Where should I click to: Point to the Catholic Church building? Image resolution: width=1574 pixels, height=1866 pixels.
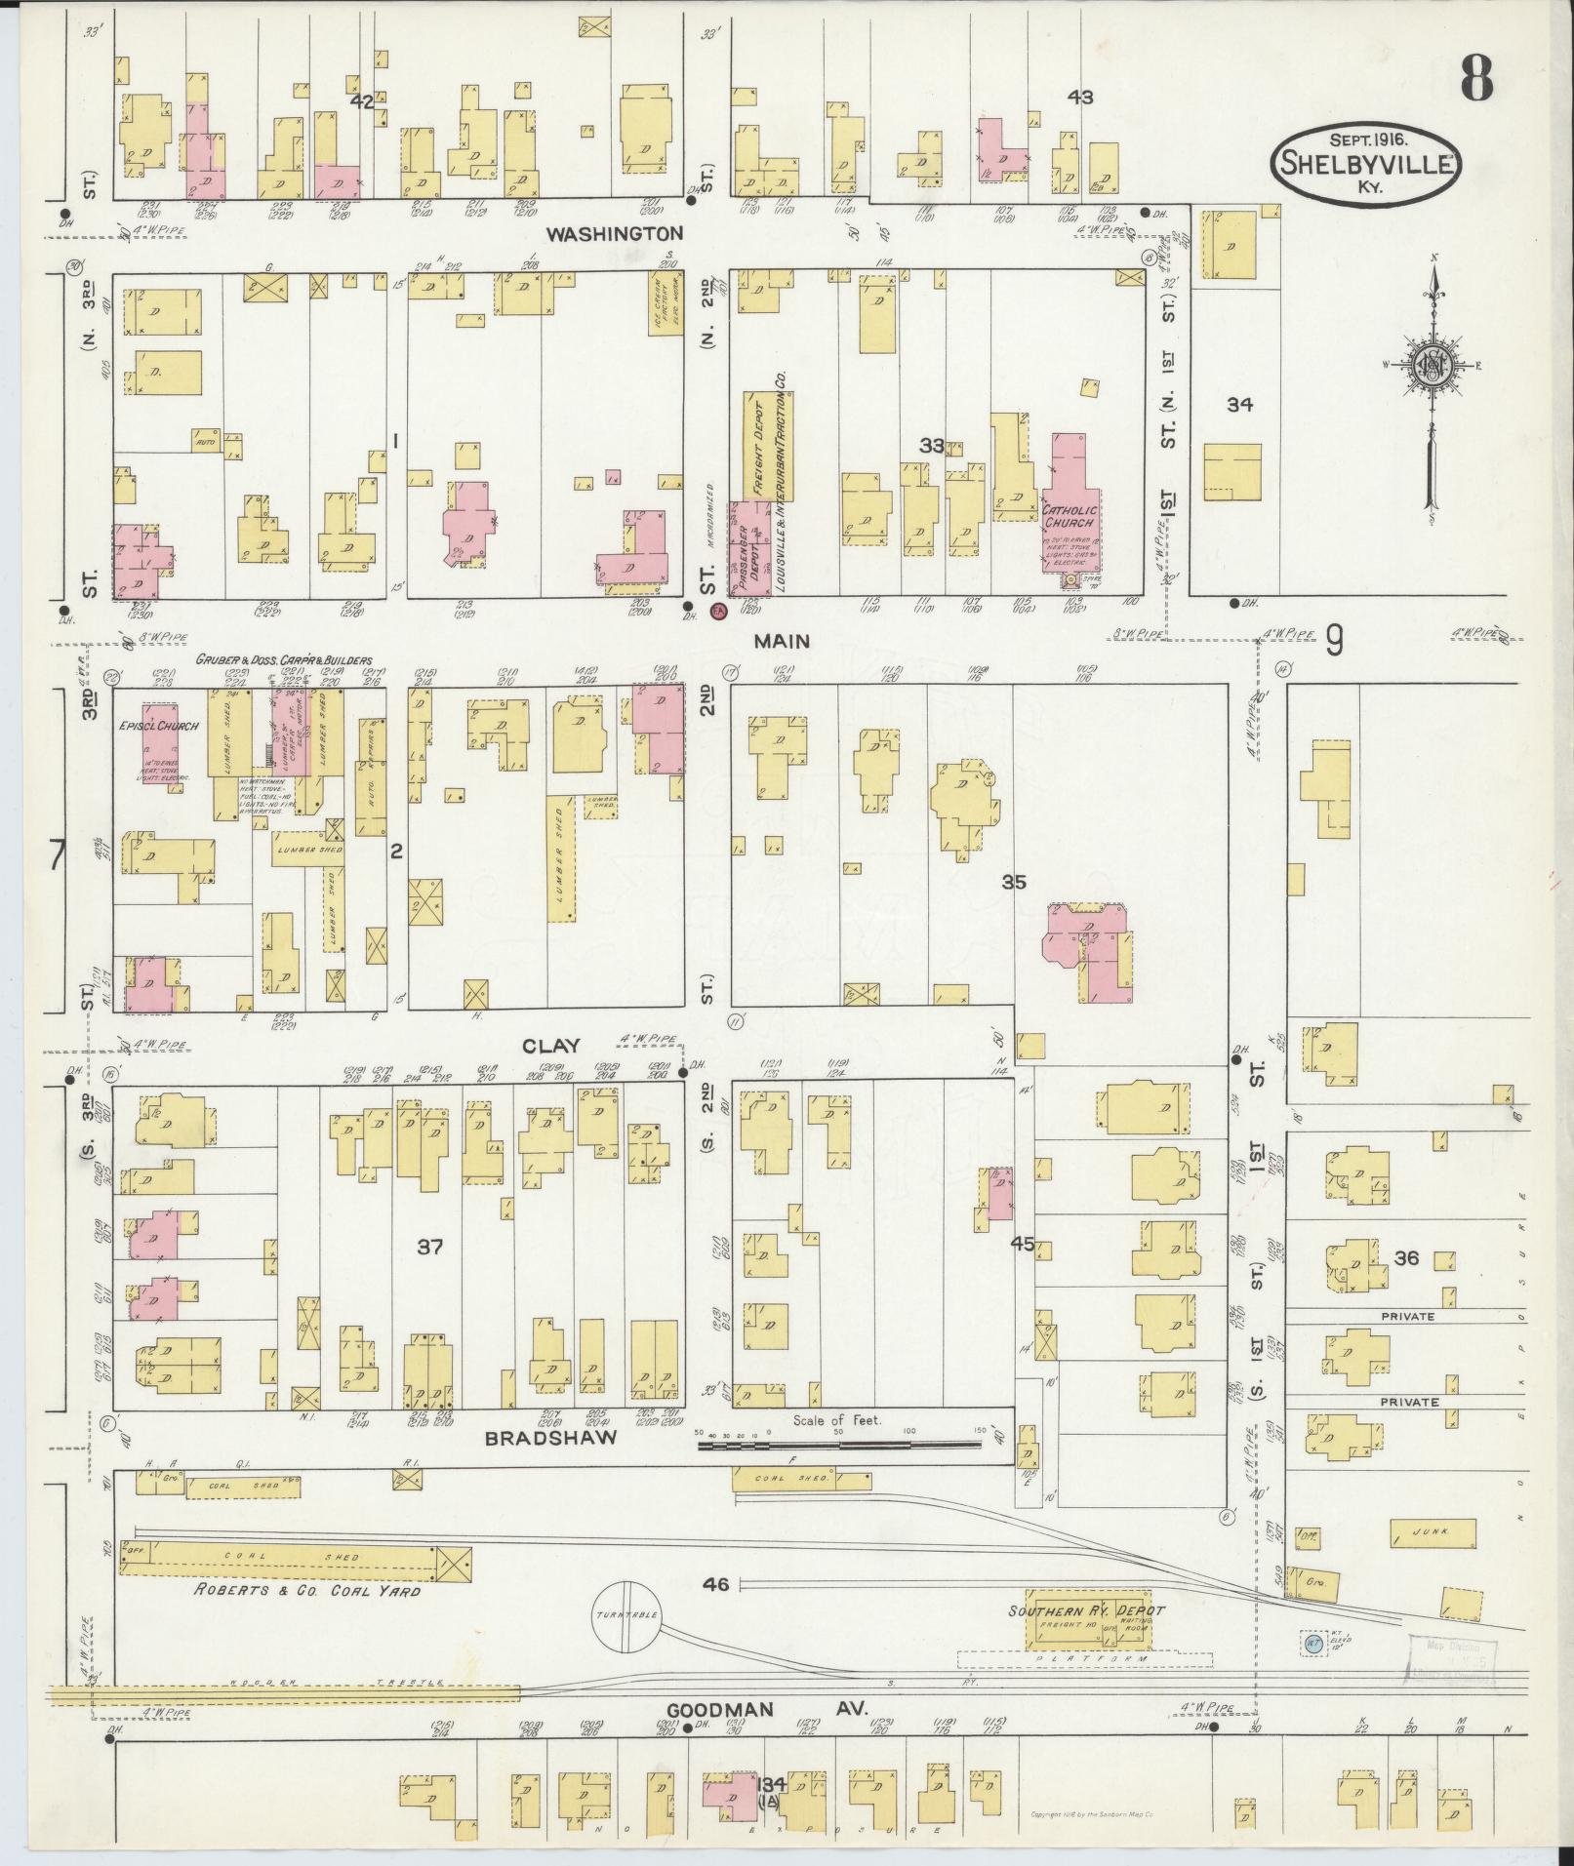(x=1071, y=507)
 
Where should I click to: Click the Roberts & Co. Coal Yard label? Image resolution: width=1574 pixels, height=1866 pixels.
(x=307, y=1591)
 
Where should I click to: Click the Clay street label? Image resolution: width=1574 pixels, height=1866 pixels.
(x=551, y=1046)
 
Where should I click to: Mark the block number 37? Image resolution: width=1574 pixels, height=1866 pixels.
(x=430, y=1246)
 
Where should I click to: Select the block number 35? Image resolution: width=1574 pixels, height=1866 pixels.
(x=1013, y=882)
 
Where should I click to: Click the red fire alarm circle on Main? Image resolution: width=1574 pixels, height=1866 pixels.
(x=719, y=613)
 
